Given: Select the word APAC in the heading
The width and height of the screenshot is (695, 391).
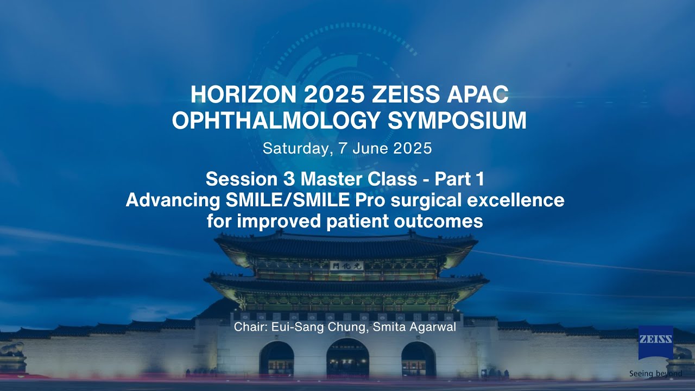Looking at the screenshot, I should pyautogui.click(x=478, y=95).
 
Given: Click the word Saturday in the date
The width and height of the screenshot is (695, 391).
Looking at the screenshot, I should pyautogui.click(x=296, y=148).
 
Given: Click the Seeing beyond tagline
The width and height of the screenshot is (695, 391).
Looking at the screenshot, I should pyautogui.click(x=655, y=374).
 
